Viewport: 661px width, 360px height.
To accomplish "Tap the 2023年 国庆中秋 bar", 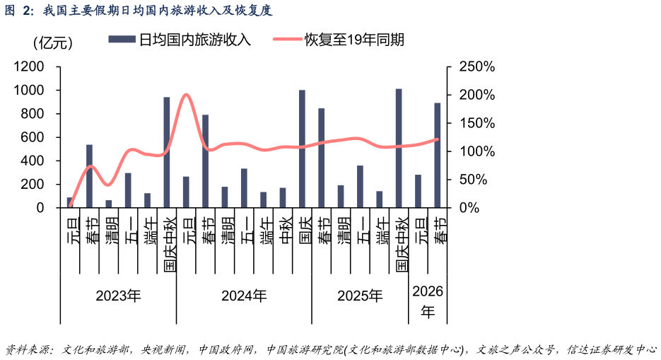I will tap(167, 153).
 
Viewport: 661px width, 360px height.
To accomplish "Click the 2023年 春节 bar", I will tap(89, 176).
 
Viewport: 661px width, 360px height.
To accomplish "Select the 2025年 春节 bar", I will tap(321, 158).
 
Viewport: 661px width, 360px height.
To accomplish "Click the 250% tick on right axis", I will tap(477, 66).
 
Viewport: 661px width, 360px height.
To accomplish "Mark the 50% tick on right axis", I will tap(473, 180).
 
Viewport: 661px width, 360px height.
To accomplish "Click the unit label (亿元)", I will tap(53, 42).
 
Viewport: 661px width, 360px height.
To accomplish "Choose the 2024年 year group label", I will tap(244, 296).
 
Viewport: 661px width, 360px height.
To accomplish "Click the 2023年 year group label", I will tap(118, 296).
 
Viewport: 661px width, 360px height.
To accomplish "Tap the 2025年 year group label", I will tap(360, 296).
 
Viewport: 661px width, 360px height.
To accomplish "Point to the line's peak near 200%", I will tap(186, 94).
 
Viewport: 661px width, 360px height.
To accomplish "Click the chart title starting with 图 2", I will tap(138, 10).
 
